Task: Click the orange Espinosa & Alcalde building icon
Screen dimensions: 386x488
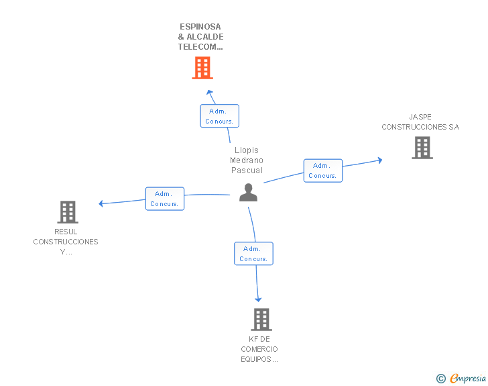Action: [x=202, y=68]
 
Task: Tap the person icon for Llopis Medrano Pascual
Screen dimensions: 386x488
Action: [x=248, y=193]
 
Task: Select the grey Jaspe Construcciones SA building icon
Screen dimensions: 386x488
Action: [x=422, y=148]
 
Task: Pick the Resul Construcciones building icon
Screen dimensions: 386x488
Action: [x=68, y=212]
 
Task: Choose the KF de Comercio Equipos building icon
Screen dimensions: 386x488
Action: [x=261, y=320]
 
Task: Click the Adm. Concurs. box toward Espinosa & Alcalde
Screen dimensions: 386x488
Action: [x=219, y=116]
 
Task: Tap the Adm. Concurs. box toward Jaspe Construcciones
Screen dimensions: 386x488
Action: [x=322, y=171]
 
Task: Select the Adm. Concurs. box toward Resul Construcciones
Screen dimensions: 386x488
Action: [x=164, y=199]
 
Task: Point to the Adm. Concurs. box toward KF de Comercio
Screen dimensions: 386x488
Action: [x=253, y=254]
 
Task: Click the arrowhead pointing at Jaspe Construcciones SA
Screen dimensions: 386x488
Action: [x=379, y=160]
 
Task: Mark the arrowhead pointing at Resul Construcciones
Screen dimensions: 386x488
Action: [x=101, y=203]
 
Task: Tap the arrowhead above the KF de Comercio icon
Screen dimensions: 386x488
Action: [x=258, y=299]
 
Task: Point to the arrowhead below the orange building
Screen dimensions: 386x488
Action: [x=209, y=92]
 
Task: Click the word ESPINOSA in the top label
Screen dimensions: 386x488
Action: [x=200, y=27]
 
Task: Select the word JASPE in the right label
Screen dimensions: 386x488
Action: [x=420, y=117]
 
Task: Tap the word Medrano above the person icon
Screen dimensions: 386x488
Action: [x=247, y=160]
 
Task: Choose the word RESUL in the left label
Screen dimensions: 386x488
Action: [x=66, y=232]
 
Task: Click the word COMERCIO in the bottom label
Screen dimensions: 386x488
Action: [x=259, y=349]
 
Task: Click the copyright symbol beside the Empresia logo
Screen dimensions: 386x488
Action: [x=441, y=379]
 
